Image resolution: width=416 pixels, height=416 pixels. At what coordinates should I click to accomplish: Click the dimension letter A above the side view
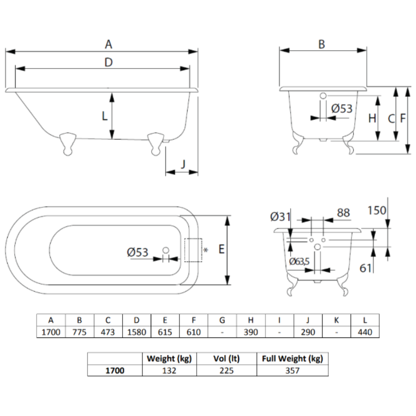point(109,44)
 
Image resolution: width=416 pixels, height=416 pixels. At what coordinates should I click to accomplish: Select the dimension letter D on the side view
point(109,62)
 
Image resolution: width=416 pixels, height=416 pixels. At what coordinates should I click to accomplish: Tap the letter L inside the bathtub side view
point(105,116)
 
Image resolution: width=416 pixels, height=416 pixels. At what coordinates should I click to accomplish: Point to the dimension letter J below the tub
point(183,163)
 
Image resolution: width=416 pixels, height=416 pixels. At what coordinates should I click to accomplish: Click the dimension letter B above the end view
point(322,44)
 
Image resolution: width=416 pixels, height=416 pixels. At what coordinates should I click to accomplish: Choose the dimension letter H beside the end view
point(372,119)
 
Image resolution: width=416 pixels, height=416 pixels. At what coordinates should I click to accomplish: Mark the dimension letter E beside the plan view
point(222,249)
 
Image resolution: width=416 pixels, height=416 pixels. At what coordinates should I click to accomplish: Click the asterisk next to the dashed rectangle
point(206,250)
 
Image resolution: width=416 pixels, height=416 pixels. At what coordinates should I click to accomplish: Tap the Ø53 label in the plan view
point(137,252)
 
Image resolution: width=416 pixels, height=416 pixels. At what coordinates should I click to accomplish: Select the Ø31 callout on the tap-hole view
point(280,217)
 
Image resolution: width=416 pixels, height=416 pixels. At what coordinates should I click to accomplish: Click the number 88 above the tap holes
point(343,213)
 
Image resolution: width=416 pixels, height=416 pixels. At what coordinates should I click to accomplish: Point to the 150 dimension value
point(377,210)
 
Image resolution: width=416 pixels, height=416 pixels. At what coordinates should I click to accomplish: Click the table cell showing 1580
point(137,332)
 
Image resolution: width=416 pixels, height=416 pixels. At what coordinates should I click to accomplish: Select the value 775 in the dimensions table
point(79,332)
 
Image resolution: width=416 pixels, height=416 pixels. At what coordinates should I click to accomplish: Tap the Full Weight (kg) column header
point(292,358)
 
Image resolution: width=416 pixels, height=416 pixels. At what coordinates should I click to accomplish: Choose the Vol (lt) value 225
point(226,371)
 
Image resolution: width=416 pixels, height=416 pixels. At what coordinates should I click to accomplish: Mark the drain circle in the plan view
point(166,250)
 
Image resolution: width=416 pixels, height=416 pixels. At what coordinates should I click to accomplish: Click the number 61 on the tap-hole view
point(365,268)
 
